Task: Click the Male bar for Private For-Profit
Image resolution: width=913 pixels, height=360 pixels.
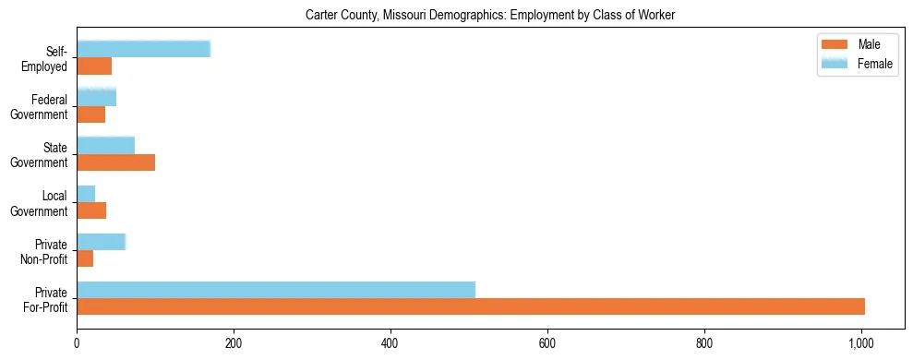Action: tap(471, 306)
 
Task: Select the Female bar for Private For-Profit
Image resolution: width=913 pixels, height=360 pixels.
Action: tap(276, 290)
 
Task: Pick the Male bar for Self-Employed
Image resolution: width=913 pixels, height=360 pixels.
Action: tap(94, 66)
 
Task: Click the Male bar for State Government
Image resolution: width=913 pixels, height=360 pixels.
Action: tap(115, 162)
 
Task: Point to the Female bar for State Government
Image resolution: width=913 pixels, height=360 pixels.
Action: tap(105, 145)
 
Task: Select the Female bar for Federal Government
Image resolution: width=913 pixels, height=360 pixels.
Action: tap(96, 97)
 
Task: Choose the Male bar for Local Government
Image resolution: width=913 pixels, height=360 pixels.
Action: tap(91, 210)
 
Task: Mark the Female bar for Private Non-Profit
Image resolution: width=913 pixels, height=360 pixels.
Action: tap(101, 242)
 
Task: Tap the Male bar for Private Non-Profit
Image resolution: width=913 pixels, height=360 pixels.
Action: tap(85, 258)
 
